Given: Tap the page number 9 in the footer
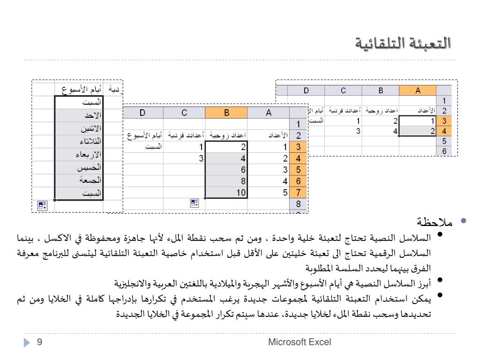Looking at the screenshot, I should [40, 342].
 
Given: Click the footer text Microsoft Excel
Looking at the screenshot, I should [300, 342].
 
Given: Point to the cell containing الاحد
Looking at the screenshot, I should [79, 115].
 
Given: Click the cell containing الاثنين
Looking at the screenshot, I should [79, 128].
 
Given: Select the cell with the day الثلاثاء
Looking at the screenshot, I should [79, 141].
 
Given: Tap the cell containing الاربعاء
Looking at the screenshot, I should [79, 154].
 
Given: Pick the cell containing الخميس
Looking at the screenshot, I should [79, 167].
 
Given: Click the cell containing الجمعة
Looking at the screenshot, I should [79, 180].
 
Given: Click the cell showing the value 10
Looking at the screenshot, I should [226, 192].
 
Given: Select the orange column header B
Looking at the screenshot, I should [226, 112].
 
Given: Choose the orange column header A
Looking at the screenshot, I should [418, 91].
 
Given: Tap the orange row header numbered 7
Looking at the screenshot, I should [298, 192].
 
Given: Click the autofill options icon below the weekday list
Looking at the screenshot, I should [42, 205].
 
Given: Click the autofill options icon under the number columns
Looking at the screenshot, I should [195, 203].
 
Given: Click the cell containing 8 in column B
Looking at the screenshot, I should [226, 181].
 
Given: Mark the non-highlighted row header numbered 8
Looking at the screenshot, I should [298, 204].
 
